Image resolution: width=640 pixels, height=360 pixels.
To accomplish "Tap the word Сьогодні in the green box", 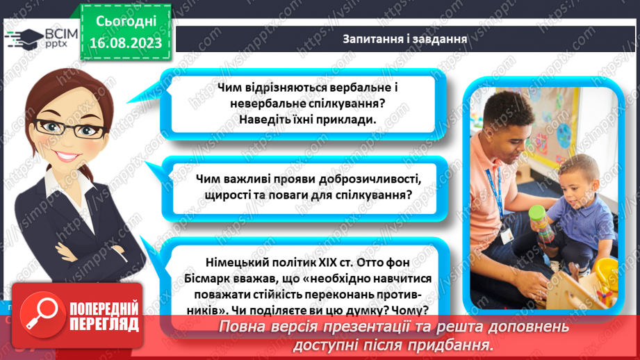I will point(126,22).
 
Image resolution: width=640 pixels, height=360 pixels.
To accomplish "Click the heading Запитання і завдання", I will point(404,38).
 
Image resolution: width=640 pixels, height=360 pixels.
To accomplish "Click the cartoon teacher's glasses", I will point(63,127).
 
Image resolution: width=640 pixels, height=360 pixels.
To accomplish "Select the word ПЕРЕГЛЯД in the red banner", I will point(103,324).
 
